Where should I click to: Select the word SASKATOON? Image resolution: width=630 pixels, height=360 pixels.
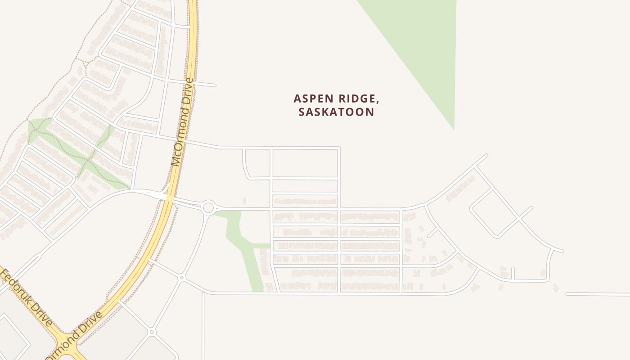coord(336,112)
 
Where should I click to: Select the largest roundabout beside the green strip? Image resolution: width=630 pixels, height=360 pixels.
coord(208,208)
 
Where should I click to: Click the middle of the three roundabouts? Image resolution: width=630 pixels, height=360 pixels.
coord(182,278)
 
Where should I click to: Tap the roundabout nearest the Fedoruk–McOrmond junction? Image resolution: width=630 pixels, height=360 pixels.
coord(152,332)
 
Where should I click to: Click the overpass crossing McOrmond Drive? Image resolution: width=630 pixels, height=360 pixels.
coord(169,198)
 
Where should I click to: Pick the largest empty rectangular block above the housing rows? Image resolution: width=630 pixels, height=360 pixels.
coord(305,163)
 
